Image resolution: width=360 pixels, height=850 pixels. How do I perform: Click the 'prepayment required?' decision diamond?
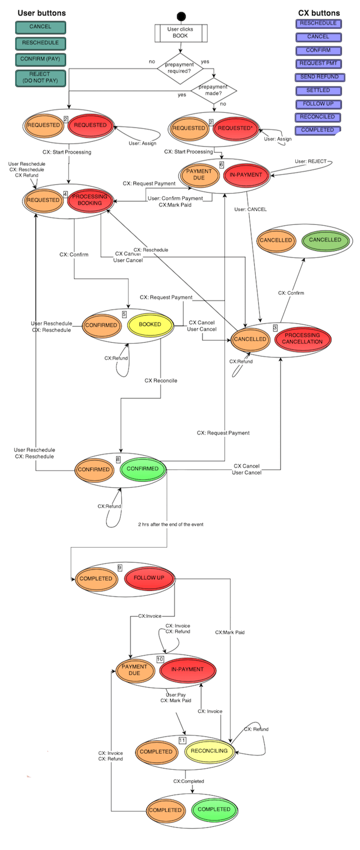[x=180, y=67]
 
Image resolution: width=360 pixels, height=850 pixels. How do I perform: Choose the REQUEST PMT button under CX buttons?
[x=318, y=64]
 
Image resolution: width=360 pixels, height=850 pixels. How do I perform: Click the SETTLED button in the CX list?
[x=318, y=90]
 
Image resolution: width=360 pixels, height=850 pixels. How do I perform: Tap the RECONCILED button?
[x=318, y=117]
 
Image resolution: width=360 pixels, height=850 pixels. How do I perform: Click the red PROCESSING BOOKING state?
[x=90, y=200]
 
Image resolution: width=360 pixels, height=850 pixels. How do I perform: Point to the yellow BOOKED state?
[x=150, y=324]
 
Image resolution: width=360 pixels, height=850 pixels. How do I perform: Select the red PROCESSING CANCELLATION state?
[x=302, y=338]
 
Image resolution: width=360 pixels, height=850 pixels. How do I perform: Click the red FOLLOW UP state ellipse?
[x=148, y=578]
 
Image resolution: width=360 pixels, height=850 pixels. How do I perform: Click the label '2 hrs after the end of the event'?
[x=171, y=524]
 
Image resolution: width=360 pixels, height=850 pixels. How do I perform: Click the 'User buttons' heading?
[x=42, y=13]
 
